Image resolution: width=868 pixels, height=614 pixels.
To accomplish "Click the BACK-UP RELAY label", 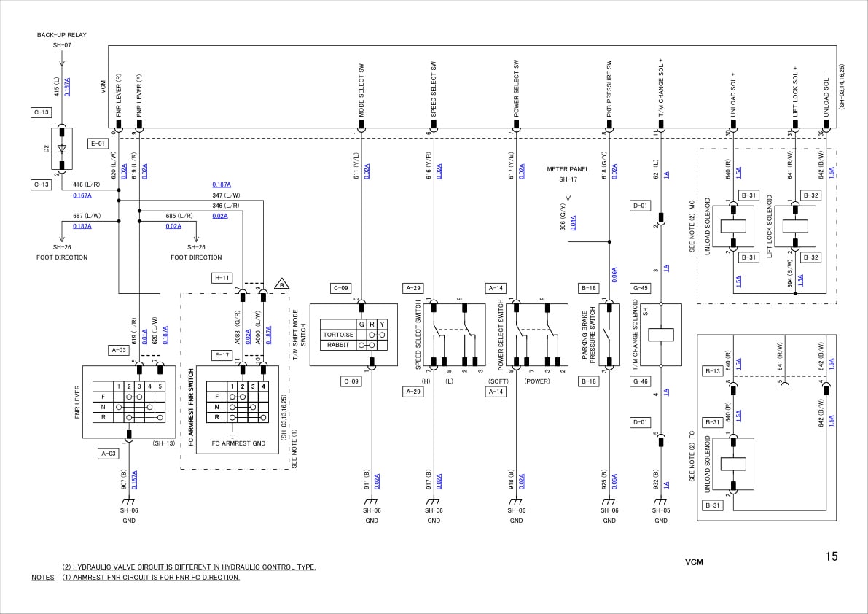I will pyautogui.click(x=61, y=34).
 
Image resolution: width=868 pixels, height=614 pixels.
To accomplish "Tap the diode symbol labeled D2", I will pyautogui.click(x=62, y=149).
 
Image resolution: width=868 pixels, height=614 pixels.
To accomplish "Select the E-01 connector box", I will pyautogui.click(x=98, y=144).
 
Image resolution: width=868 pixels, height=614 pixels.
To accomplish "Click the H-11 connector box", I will pyautogui.click(x=222, y=278).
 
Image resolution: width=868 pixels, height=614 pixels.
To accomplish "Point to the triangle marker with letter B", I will pyautogui.click(x=280, y=284).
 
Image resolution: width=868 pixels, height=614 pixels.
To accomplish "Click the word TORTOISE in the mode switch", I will pyautogui.click(x=337, y=335).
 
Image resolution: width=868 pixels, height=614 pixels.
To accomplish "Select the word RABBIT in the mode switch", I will pyautogui.click(x=337, y=345).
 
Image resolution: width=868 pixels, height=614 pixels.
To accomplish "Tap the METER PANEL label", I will pyautogui.click(x=568, y=169).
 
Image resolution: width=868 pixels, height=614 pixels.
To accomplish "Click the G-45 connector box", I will pyautogui.click(x=641, y=288).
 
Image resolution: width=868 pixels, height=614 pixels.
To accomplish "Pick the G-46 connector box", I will pyautogui.click(x=641, y=381).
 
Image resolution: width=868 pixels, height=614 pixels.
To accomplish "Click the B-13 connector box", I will pyautogui.click(x=712, y=371).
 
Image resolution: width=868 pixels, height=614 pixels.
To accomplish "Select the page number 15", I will pyautogui.click(x=831, y=556).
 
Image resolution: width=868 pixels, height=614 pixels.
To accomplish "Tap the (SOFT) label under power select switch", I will pyautogui.click(x=498, y=381).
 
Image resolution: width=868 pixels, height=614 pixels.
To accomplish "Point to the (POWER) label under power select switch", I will pyautogui.click(x=538, y=381).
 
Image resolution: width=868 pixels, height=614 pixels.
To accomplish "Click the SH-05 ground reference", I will pyautogui.click(x=661, y=510).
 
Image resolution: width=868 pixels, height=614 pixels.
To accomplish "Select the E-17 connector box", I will pyautogui.click(x=222, y=355).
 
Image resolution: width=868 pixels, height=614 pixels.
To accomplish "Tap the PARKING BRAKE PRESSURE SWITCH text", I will pyautogui.click(x=588, y=333).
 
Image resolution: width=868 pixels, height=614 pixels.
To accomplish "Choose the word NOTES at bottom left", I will pyautogui.click(x=43, y=578).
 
